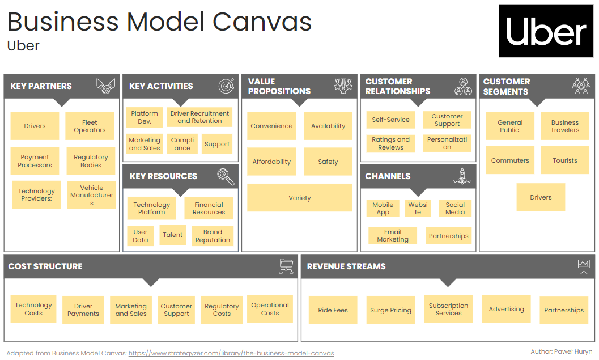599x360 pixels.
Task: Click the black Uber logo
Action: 546,31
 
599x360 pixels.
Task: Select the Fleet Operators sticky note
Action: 90,126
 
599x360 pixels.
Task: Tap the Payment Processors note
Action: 35,161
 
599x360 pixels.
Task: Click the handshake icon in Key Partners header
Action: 106,86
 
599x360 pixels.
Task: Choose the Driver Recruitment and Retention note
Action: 199,117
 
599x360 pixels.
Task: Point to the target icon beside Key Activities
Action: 227,86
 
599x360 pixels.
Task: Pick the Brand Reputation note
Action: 213,236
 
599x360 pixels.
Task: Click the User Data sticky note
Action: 141,236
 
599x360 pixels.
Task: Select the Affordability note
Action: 271,162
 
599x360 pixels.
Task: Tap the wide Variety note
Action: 299,198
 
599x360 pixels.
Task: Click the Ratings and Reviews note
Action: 390,143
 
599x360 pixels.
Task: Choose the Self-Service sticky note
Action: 390,120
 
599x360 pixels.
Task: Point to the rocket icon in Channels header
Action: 462,176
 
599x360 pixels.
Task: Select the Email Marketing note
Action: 393,236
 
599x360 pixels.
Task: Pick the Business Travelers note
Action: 565,126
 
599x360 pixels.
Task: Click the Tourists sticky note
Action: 565,160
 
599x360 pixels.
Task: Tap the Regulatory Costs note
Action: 222,310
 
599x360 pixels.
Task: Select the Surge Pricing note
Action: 390,310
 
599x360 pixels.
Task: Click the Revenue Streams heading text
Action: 346,266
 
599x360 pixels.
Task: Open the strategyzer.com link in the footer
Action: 231,353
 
